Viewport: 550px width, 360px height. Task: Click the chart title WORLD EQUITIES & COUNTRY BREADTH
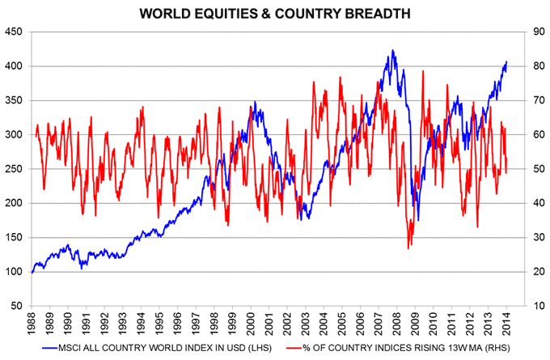point(275,14)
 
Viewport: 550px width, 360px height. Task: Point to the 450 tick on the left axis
point(15,32)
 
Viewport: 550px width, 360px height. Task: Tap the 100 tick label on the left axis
point(15,272)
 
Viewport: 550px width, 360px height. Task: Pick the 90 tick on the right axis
point(534,32)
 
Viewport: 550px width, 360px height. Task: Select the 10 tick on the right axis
point(534,307)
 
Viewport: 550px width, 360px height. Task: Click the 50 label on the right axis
point(534,169)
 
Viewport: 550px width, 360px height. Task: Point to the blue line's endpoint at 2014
point(506,61)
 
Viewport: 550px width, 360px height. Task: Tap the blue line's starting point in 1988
point(32,272)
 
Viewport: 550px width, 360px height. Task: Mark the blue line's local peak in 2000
point(255,102)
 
